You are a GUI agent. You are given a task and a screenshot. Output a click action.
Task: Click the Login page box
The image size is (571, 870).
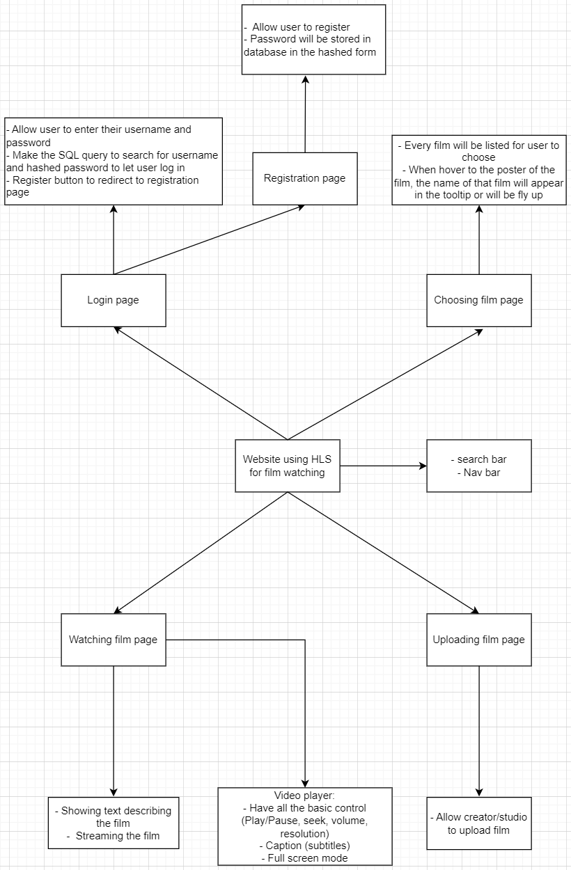(114, 300)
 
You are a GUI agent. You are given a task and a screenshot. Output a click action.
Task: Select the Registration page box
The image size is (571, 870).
(305, 178)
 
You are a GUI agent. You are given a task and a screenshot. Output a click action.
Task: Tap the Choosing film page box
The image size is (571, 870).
(479, 300)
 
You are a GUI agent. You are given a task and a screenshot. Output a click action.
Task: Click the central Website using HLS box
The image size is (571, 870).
(288, 466)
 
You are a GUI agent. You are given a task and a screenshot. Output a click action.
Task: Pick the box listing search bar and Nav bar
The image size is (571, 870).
(479, 466)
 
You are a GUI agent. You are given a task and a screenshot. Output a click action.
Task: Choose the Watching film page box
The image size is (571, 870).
(114, 640)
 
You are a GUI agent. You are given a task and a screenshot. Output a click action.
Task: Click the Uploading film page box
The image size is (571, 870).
(479, 640)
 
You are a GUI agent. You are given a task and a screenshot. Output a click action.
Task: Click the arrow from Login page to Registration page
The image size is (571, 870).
(209, 239)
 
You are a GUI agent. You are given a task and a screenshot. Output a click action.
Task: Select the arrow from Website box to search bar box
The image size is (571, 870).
(383, 466)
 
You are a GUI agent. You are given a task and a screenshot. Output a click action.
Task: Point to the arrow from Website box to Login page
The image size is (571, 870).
(201, 383)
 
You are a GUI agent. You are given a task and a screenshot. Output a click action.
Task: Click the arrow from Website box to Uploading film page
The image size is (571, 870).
(383, 553)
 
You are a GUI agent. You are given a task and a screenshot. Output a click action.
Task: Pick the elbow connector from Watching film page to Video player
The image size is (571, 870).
(305, 640)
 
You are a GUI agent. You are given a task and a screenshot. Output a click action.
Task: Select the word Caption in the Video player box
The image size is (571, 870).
(280, 846)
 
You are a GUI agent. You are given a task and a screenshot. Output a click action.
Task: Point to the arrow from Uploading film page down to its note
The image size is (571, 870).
(479, 731)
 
